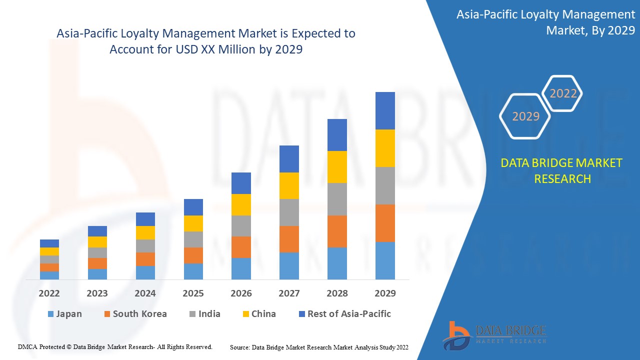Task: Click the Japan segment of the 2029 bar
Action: [x=385, y=260]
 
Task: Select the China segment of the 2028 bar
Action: [x=337, y=167]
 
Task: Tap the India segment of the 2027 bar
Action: [x=289, y=212]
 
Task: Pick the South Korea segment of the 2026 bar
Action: [x=241, y=247]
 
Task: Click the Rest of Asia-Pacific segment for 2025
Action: [x=193, y=207]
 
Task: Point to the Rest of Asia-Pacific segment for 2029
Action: [x=385, y=110]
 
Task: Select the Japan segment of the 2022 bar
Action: [x=49, y=275]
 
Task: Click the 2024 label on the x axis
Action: [x=145, y=293]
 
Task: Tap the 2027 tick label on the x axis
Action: [x=289, y=293]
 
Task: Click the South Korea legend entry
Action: [x=134, y=314]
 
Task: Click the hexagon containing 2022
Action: [x=563, y=93]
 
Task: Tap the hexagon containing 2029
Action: [x=525, y=116]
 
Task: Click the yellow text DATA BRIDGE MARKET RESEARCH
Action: [x=562, y=170]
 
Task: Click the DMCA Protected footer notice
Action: [x=115, y=346]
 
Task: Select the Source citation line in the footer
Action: [x=319, y=347]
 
